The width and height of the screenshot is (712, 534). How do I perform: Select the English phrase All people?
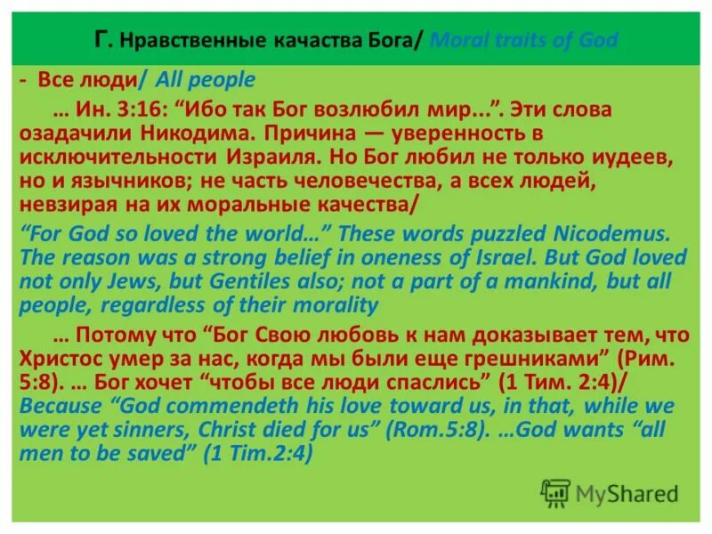coord(206,80)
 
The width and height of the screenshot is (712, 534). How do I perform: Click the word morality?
coord(334,306)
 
